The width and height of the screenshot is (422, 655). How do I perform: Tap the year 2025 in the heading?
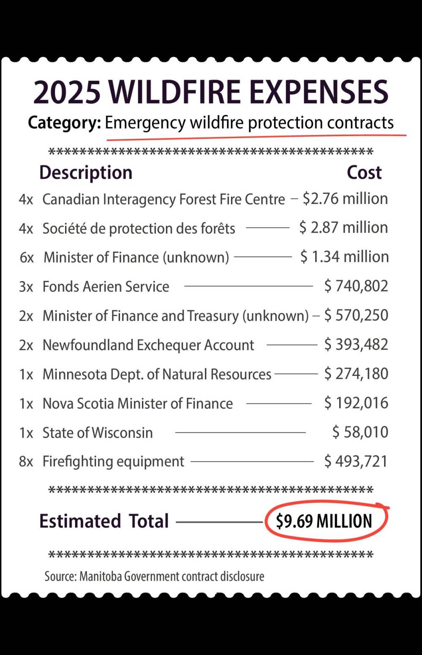coord(67,92)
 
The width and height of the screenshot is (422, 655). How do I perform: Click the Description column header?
coord(86,172)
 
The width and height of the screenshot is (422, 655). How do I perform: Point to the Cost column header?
coord(364,172)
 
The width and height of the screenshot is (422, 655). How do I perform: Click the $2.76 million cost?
coord(345,198)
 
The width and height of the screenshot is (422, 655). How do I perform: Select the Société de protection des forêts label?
coord(139,228)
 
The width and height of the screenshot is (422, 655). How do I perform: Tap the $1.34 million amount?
coord(344,257)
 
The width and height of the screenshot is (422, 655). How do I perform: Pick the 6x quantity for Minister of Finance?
coord(27,257)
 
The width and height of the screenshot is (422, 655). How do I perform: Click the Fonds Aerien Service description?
coord(106,286)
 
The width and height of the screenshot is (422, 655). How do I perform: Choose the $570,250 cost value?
coord(356,315)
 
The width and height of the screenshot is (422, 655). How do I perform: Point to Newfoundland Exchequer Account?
coord(148,345)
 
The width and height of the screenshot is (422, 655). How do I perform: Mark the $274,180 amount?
coord(356,374)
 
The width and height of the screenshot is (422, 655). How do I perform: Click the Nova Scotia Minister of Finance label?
coord(138,403)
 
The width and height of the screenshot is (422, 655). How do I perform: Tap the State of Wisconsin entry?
coord(98,432)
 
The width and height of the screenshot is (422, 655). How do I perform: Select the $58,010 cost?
coord(360,432)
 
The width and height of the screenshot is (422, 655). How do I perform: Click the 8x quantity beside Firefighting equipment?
coord(26,462)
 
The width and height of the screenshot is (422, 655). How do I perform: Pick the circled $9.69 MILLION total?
coord(324,521)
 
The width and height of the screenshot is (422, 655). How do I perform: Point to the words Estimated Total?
coord(104,521)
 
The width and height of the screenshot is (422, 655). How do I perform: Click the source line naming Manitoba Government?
coord(154,576)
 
